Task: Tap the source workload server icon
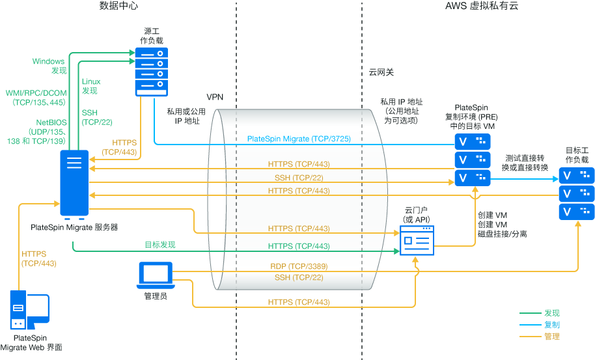point(151,71)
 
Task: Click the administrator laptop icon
point(155,275)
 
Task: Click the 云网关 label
point(381,72)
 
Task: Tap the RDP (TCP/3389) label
point(299,266)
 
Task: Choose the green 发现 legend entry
point(551,312)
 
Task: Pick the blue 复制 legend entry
point(551,324)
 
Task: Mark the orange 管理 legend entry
point(551,337)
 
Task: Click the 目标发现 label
point(159,245)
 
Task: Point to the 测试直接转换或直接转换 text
point(525,163)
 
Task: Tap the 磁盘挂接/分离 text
point(502,234)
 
